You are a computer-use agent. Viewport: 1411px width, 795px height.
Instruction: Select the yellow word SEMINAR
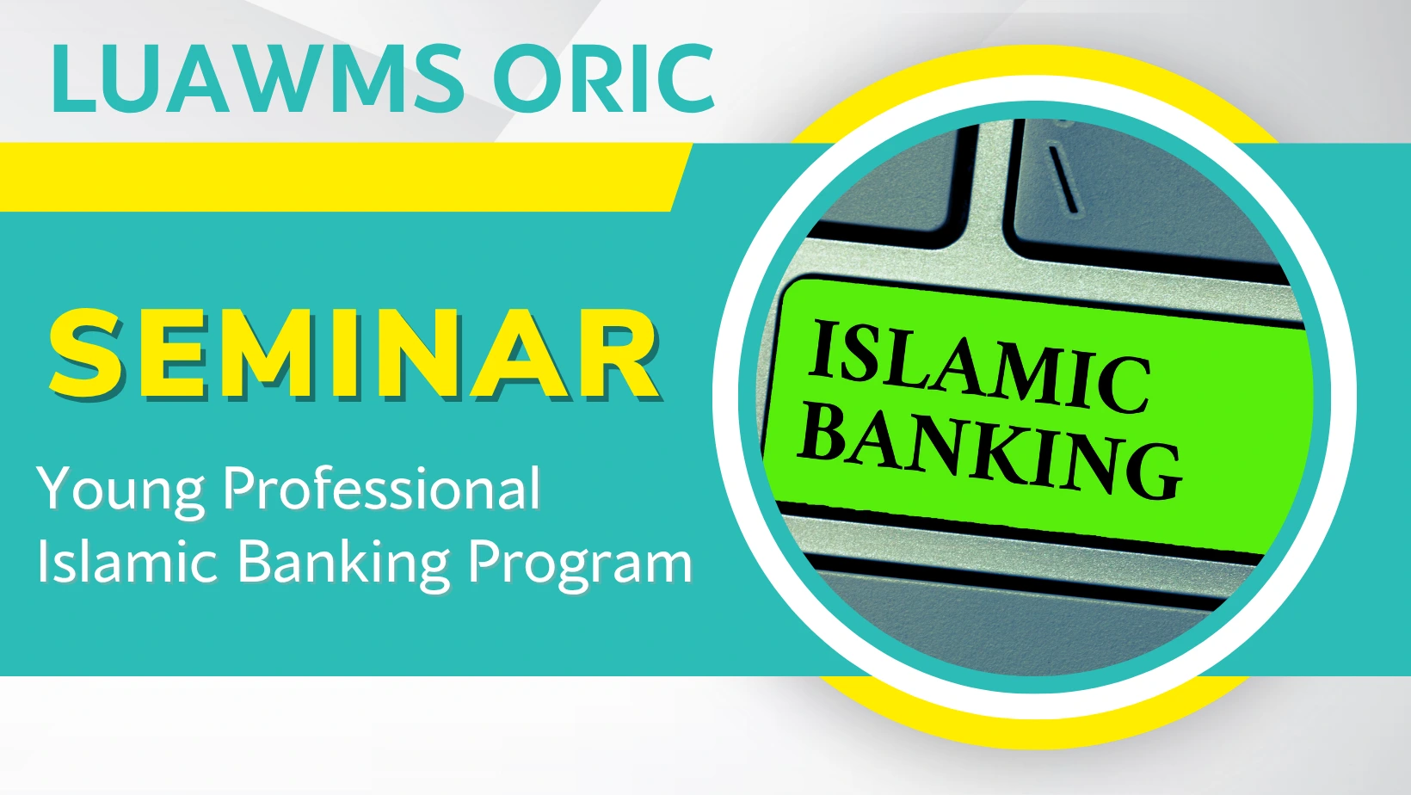[355, 354]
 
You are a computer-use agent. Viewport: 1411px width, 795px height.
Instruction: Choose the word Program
[580, 565]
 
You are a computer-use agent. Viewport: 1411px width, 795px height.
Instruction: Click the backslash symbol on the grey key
[1063, 179]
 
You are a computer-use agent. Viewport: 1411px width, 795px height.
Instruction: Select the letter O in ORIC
[528, 78]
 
